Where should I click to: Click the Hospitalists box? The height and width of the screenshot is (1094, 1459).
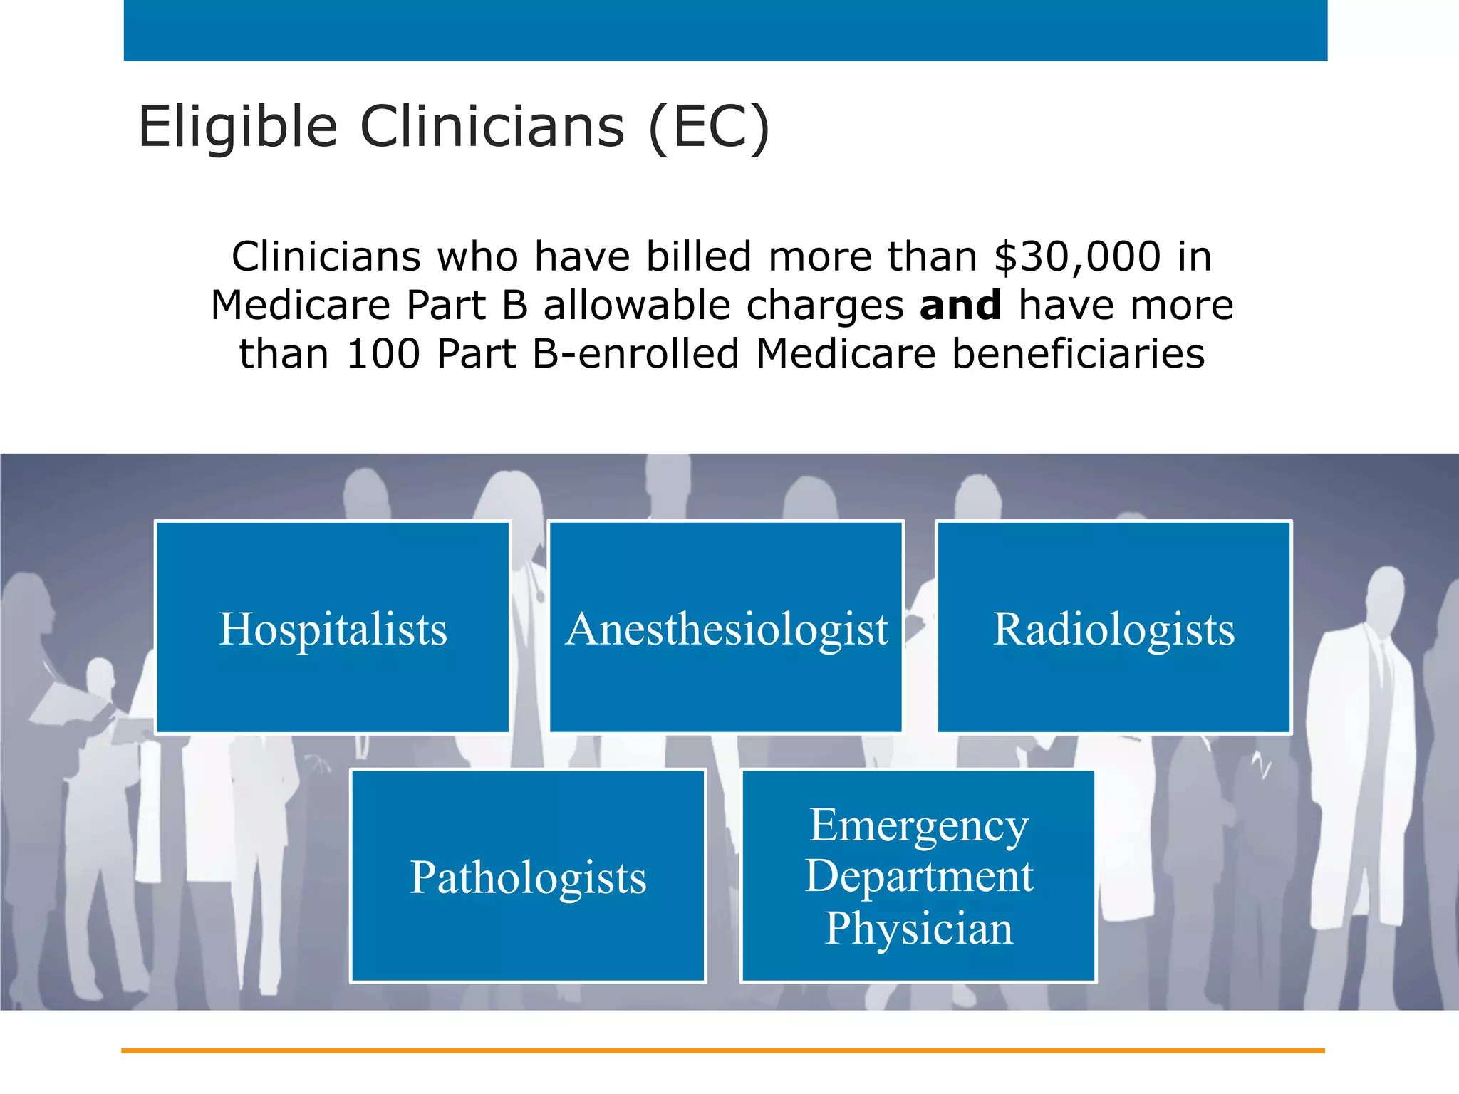click(333, 627)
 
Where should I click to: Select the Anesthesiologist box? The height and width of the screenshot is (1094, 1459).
click(726, 627)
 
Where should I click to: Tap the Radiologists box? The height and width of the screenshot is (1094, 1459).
click(1113, 627)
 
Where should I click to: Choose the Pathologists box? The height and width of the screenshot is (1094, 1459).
click(528, 876)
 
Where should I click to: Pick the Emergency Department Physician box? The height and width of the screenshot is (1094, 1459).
click(918, 876)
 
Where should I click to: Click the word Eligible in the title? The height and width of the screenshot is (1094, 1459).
click(237, 127)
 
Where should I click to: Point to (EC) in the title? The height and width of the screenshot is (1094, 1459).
click(709, 127)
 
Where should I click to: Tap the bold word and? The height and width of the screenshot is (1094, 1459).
click(960, 306)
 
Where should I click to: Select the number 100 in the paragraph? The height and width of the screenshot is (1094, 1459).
click(383, 354)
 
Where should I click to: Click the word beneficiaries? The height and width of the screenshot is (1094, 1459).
click(1078, 354)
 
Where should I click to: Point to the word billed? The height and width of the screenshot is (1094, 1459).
click(698, 256)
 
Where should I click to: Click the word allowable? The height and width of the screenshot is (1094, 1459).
click(637, 306)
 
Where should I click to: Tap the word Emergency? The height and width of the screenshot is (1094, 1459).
click(918, 826)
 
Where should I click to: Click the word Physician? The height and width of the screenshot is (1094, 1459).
click(918, 929)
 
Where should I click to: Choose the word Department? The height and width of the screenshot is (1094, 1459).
click(918, 876)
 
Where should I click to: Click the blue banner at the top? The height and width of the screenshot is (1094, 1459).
click(725, 30)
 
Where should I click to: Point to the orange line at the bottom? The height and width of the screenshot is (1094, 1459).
click(722, 1051)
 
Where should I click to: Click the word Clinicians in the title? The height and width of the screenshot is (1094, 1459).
click(492, 127)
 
